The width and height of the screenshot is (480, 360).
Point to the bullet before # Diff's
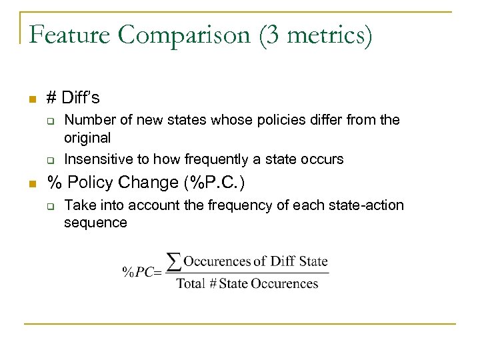coord(31,100)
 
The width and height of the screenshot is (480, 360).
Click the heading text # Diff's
coord(73,98)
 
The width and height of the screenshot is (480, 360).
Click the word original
coord(87,138)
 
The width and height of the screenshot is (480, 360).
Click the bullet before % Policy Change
coord(31,185)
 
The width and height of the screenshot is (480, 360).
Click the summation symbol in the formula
coord(173,262)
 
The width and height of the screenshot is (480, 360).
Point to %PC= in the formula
coord(142,272)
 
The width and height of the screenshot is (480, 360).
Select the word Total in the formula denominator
coord(191,283)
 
